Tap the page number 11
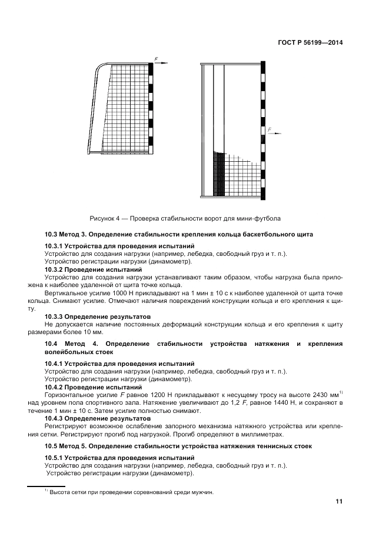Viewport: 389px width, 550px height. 339,502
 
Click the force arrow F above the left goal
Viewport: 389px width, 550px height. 160,61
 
